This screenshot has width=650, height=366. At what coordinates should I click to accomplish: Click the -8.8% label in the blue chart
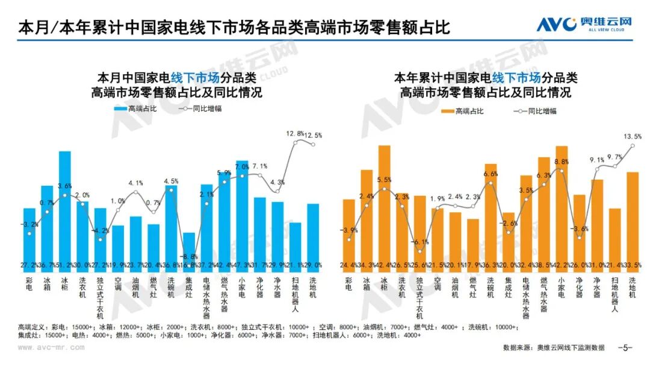coord(189,256)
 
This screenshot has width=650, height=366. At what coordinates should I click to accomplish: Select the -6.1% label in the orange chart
coord(420,242)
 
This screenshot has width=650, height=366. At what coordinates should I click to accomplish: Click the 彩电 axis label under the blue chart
coord(29,284)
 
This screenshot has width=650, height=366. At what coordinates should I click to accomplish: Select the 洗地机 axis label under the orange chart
coord(631,288)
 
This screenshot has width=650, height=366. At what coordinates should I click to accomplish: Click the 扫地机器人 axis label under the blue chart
coord(296,295)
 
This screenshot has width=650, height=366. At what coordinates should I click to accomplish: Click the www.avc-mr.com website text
coord(51,348)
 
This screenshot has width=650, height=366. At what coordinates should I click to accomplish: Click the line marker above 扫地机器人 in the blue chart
coord(296,143)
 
